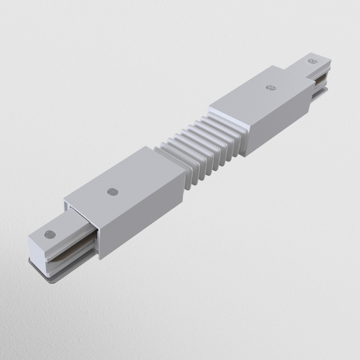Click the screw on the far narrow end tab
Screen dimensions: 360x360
[312, 61]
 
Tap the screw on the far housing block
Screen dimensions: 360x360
[269, 87]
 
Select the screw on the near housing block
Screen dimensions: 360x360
[112, 192]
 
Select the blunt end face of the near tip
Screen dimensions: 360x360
[35, 252]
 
